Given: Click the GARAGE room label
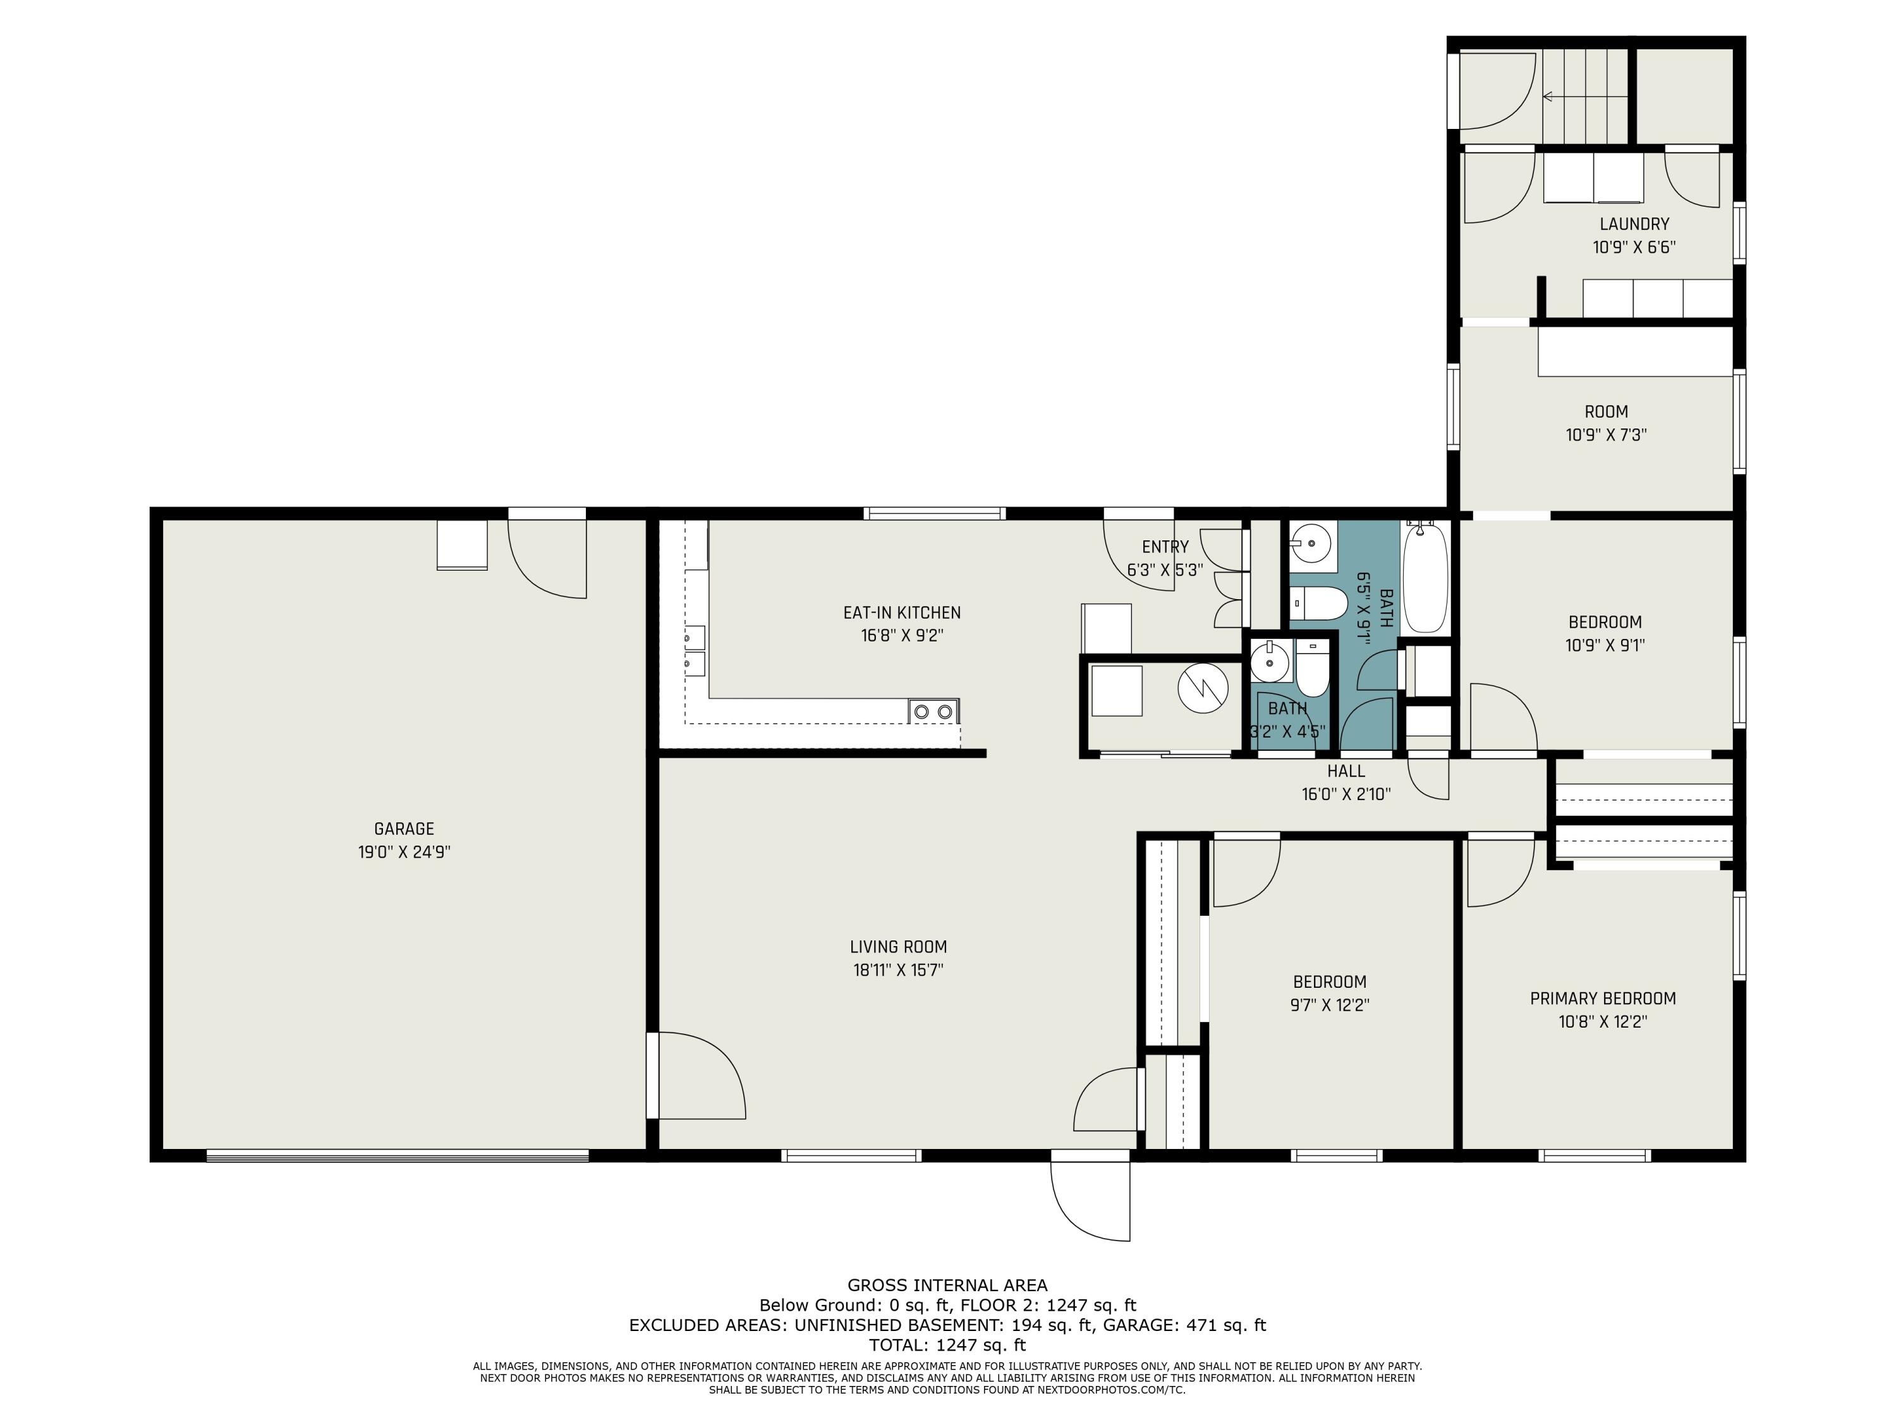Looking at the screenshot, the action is coord(404,829).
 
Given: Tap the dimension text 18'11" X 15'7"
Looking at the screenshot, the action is coord(897,970).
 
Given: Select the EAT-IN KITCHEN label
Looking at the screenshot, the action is coord(902,613).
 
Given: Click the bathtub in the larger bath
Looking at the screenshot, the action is coord(1425,578).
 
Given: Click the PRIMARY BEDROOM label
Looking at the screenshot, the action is coord(1603,999).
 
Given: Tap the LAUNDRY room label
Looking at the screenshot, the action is coord(1634,224).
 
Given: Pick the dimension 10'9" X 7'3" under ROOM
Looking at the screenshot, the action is coord(1607,435).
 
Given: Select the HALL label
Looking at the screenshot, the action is coord(1346,772).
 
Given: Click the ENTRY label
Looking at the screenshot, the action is coord(1165,547).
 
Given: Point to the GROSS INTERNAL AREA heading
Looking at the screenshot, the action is coord(947,1285).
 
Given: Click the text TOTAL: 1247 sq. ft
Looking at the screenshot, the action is coord(947,1345).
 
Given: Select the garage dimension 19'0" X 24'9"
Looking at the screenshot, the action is coord(404,852).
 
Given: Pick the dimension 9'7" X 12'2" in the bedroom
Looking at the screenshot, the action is coord(1330,1006).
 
